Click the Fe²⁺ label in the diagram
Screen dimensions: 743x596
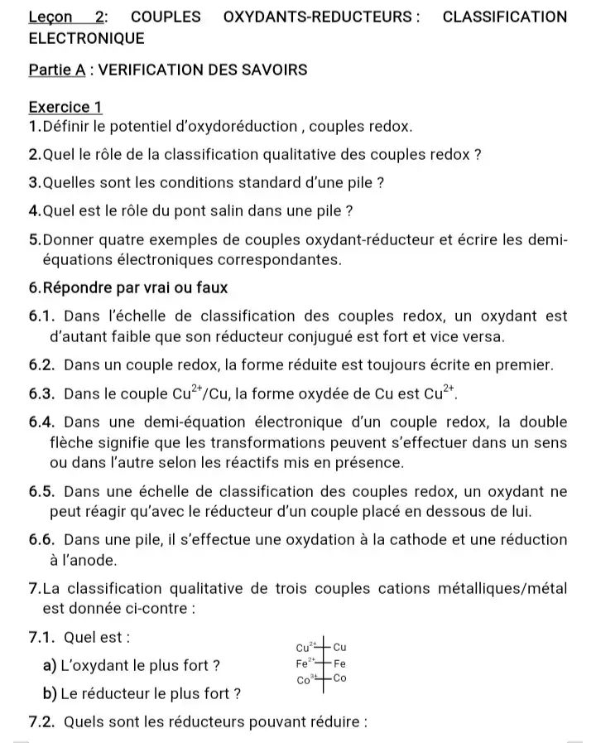tap(304, 663)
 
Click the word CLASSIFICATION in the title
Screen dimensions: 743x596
tap(505, 17)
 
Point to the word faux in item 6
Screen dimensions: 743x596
tap(211, 287)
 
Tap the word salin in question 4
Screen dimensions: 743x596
tap(218, 210)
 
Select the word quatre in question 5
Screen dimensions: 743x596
tap(118, 240)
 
